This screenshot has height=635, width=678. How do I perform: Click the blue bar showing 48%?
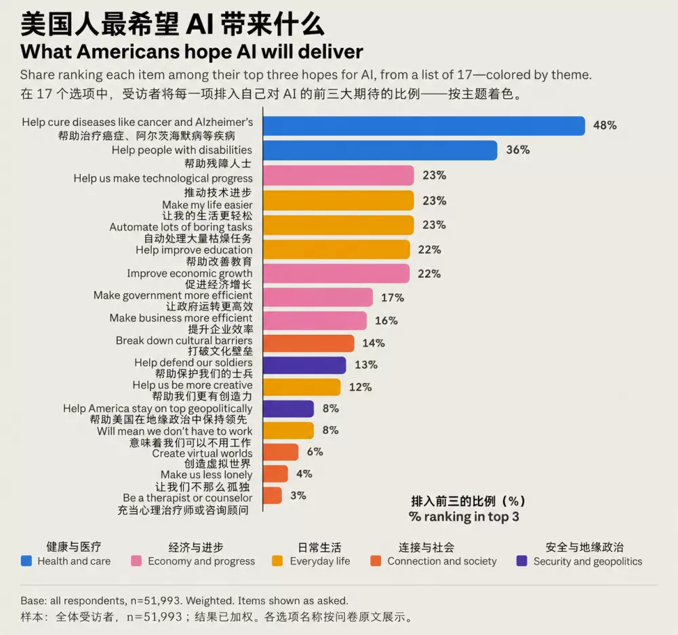click(x=424, y=126)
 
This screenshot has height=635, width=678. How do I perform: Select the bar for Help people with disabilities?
click(x=380, y=150)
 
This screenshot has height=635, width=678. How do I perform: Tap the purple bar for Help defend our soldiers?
click(x=304, y=365)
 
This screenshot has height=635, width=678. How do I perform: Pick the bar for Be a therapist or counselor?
click(x=273, y=495)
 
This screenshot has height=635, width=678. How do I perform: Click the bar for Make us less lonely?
click(x=275, y=474)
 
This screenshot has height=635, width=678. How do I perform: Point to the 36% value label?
click(x=517, y=150)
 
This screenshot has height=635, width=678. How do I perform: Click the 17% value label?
click(x=392, y=298)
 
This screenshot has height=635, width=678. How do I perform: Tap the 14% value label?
click(x=374, y=343)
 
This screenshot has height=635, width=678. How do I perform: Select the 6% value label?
click(x=315, y=452)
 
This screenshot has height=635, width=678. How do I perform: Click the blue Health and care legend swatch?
click(x=26, y=561)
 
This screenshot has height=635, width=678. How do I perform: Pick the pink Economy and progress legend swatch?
click(x=136, y=561)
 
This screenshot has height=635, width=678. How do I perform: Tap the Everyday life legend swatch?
click(x=277, y=561)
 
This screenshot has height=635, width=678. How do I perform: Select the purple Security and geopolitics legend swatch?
click(x=522, y=561)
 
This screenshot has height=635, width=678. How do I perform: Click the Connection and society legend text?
click(x=442, y=561)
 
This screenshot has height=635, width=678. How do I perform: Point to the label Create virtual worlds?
click(x=202, y=453)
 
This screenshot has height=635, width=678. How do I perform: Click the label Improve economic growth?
click(x=189, y=274)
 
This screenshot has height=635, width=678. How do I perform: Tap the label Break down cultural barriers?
click(x=184, y=341)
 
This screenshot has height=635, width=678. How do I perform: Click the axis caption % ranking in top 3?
click(x=464, y=517)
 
